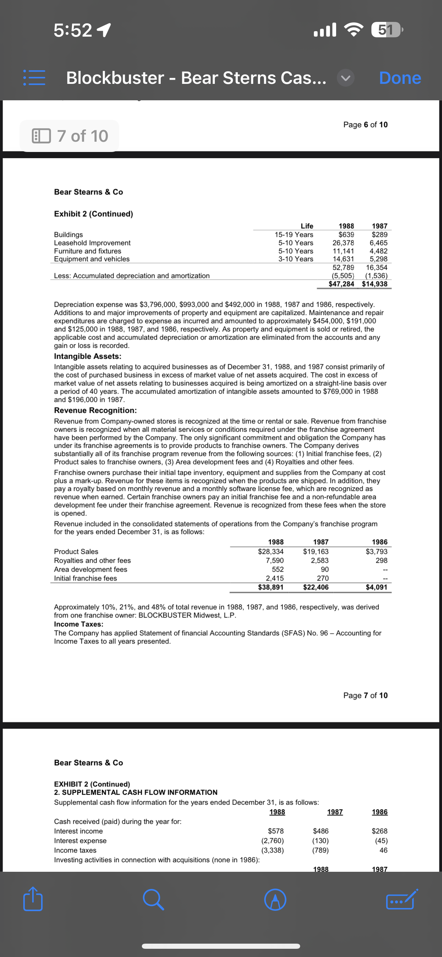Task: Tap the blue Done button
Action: [x=400, y=78]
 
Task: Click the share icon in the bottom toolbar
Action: [x=33, y=899]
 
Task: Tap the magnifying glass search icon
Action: [x=153, y=899]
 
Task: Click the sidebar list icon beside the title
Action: [x=34, y=78]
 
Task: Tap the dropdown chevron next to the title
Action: [x=346, y=78]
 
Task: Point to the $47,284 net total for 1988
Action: [x=341, y=284]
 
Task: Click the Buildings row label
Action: [x=69, y=235]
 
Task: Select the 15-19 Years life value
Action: [x=294, y=235]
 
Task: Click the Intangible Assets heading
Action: [x=87, y=356]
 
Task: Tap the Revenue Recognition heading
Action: [x=95, y=410]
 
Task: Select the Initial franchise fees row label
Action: [x=85, y=578]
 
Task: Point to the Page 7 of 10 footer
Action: [x=365, y=696]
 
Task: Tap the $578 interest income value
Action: [x=276, y=831]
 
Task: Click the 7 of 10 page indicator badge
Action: [x=70, y=136]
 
